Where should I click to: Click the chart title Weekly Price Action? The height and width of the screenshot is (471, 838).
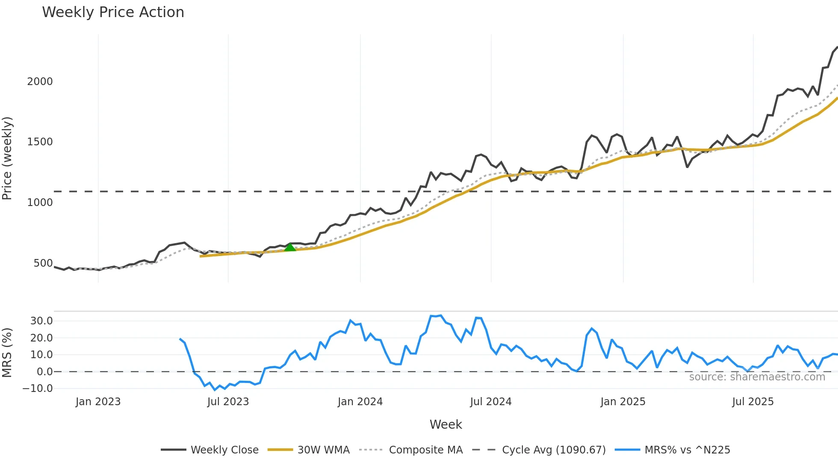pos(113,12)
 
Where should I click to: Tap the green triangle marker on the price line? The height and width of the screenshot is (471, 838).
pos(290,247)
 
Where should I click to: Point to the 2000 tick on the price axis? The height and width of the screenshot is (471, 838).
pos(40,82)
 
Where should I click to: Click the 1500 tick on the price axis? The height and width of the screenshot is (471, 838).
pos(40,142)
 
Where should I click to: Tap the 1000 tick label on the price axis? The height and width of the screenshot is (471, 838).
pos(40,203)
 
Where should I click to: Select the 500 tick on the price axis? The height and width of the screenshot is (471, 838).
pos(43,263)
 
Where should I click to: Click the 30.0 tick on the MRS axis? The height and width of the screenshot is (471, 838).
pos(41,321)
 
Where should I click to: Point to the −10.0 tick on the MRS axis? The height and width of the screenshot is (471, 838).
pos(38,389)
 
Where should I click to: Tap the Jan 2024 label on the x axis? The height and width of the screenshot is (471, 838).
pos(360,402)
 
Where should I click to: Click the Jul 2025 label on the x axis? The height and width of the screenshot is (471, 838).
pos(753,402)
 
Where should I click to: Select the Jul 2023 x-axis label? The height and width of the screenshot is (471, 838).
pos(228,402)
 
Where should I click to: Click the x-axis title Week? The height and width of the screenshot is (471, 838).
pos(446,424)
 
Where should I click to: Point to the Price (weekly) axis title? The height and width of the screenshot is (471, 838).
pos(7,158)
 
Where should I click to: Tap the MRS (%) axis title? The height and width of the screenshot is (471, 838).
pos(7,353)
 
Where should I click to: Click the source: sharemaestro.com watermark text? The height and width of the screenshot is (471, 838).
pos(757,377)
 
